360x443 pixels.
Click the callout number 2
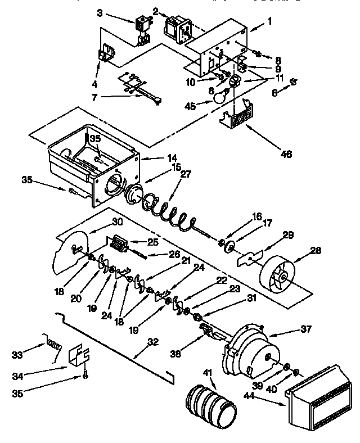[x=155, y=11]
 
